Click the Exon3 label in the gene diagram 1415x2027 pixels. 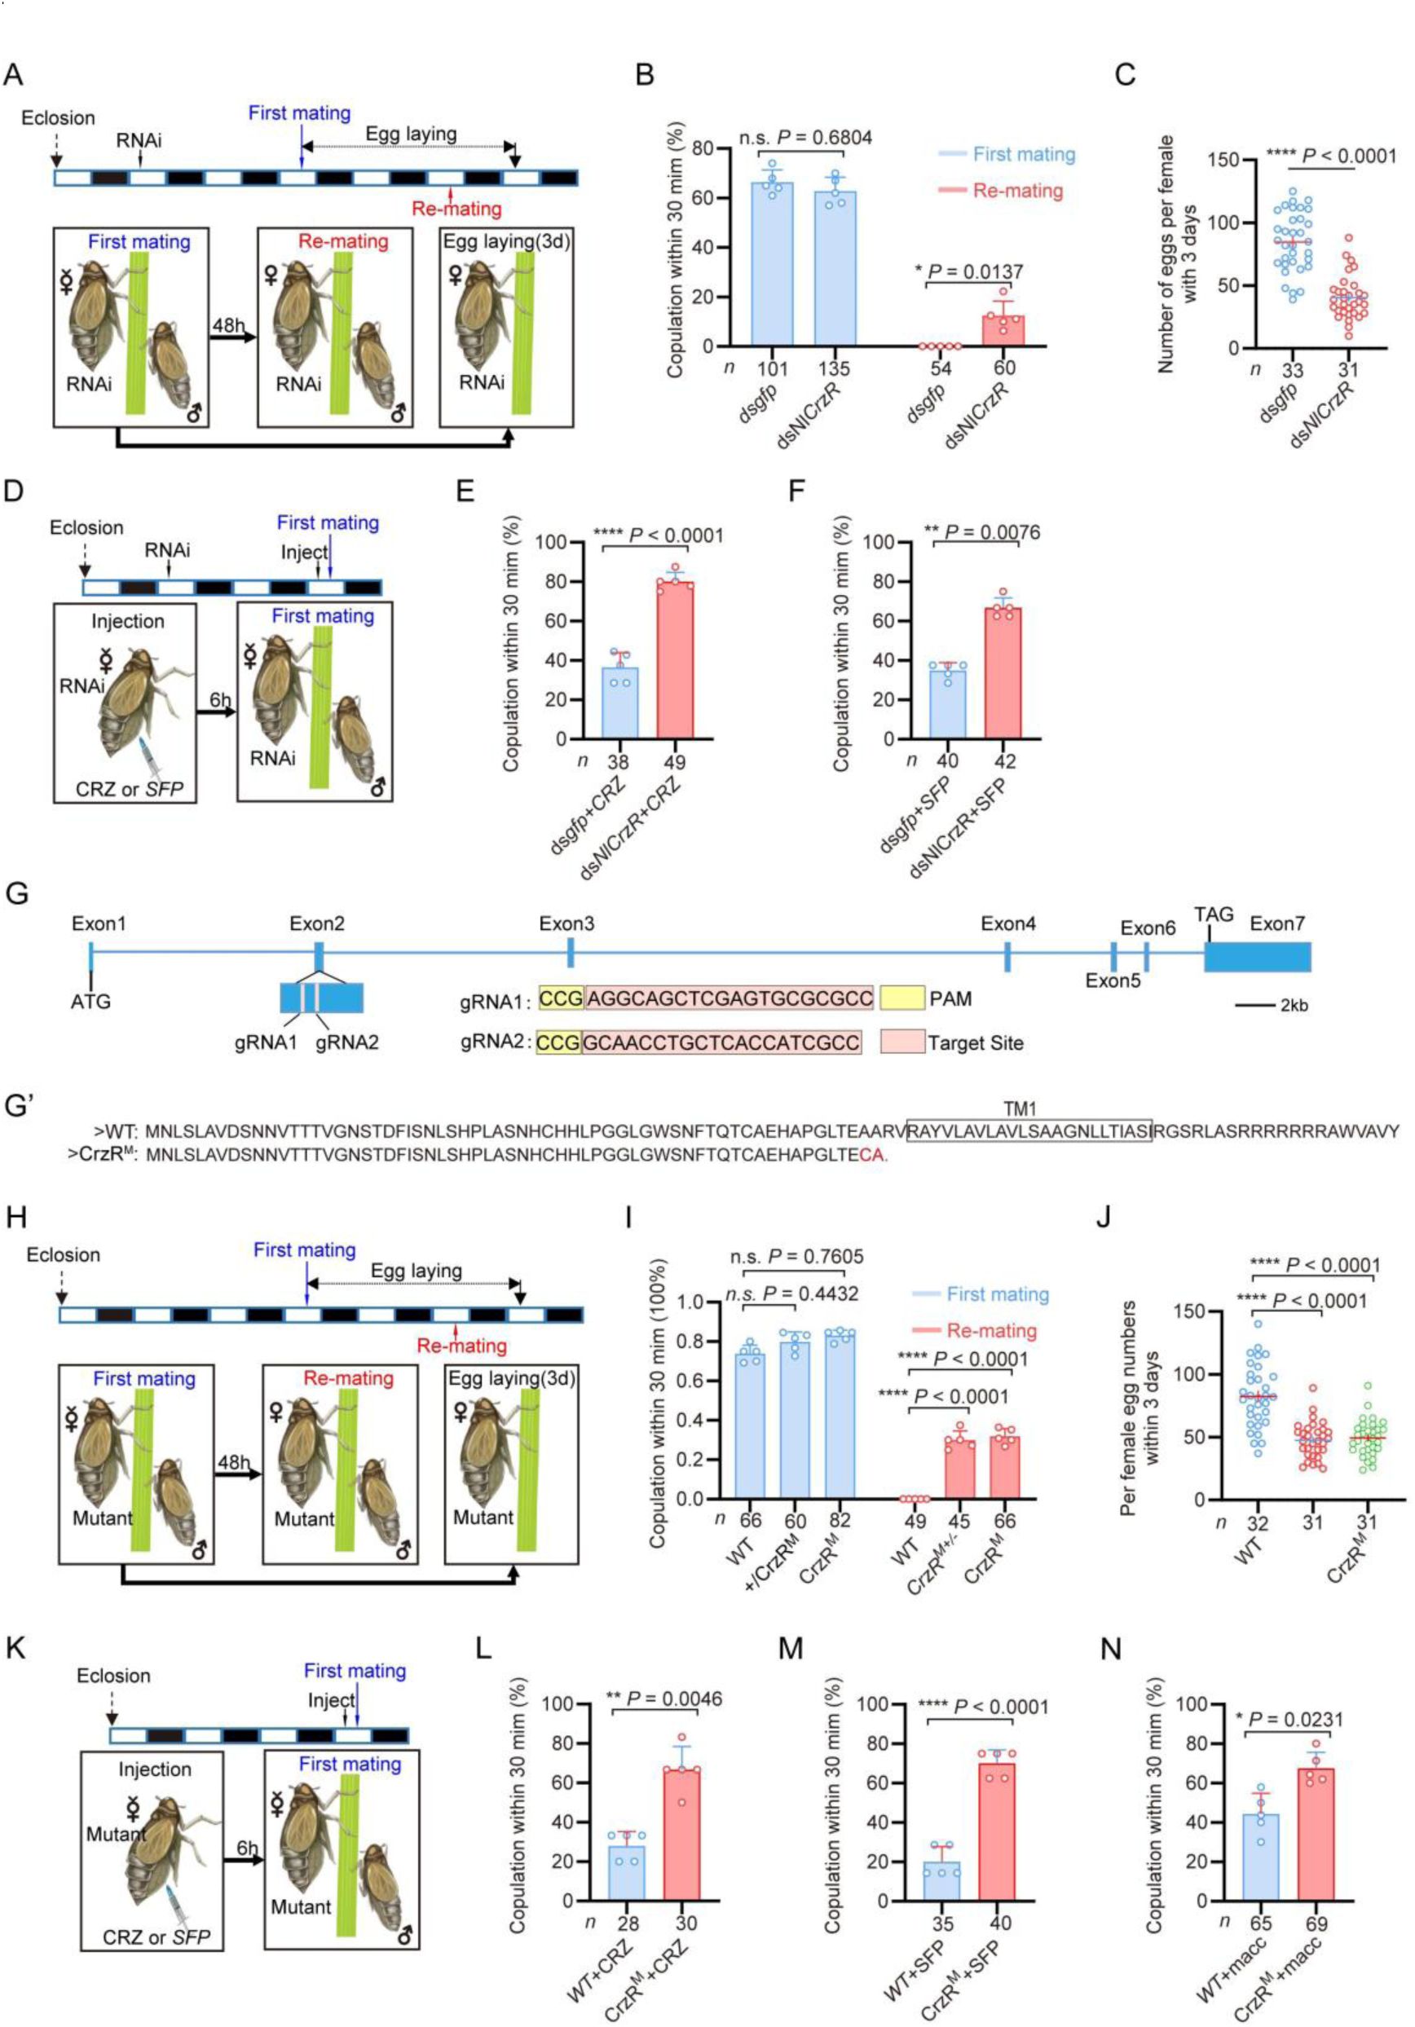pyautogui.click(x=566, y=923)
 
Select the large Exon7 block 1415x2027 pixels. pyautogui.click(x=1257, y=957)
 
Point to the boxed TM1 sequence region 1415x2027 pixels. pyautogui.click(x=1029, y=1131)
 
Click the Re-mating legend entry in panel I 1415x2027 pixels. pyautogui.click(x=991, y=1329)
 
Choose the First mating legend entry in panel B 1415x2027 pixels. pyautogui.click(x=1023, y=155)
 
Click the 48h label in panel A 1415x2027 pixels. pyautogui.click(x=228, y=325)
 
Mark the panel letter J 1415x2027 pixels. pyautogui.click(x=1103, y=1218)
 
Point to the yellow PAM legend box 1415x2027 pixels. pyautogui.click(x=901, y=998)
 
